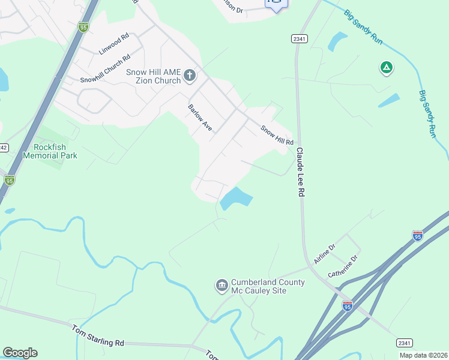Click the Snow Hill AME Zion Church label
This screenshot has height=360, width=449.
click(x=153, y=76)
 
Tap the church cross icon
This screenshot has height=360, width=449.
click(x=190, y=76)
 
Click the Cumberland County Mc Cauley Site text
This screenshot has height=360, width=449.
click(x=268, y=287)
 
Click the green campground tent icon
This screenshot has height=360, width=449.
click(x=387, y=68)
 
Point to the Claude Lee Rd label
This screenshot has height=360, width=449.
click(x=301, y=173)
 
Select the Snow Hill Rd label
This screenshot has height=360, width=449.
click(x=277, y=135)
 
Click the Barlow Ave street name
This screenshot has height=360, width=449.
click(x=200, y=118)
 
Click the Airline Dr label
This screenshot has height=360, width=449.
click(x=325, y=250)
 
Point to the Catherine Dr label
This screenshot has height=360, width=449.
click(x=343, y=266)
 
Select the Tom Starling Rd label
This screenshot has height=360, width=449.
click(x=98, y=335)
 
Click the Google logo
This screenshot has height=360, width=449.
click(x=20, y=353)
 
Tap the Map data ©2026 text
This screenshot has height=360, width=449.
click(x=423, y=355)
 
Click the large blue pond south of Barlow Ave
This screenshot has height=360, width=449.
click(x=235, y=198)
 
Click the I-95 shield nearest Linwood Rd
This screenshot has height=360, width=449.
click(x=83, y=26)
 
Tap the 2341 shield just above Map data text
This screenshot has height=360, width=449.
click(x=405, y=343)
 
